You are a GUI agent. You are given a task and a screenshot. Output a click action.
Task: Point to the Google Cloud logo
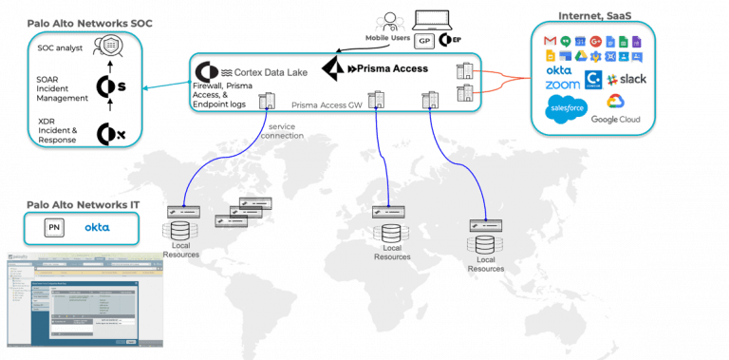click(x=615, y=102)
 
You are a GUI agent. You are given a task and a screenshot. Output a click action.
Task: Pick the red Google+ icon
click(x=594, y=41)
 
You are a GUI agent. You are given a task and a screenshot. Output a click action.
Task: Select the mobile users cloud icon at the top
click(x=386, y=21)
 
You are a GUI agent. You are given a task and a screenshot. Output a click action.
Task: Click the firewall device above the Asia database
click(x=486, y=223)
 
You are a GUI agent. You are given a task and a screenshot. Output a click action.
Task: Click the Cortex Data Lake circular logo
click(x=202, y=72)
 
